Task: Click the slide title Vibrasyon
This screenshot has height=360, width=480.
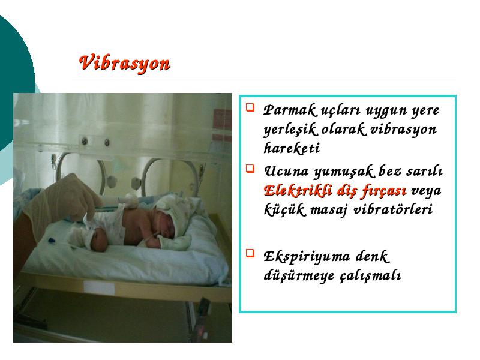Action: [x=124, y=64]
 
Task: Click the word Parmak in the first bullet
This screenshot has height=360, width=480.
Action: [x=289, y=110]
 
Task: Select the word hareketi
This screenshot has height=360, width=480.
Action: [x=291, y=148]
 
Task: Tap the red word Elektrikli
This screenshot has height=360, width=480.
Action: [x=298, y=190]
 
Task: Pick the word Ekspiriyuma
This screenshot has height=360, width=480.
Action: [x=307, y=257]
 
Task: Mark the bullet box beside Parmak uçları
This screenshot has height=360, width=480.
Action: [x=250, y=107]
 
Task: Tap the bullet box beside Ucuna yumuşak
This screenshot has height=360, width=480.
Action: [x=250, y=169]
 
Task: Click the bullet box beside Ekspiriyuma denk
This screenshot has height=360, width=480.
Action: [x=250, y=253]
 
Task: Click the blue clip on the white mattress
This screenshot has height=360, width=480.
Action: [x=50, y=241]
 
